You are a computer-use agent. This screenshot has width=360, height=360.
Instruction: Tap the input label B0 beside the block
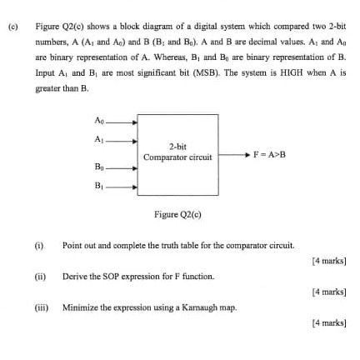click(100, 170)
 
